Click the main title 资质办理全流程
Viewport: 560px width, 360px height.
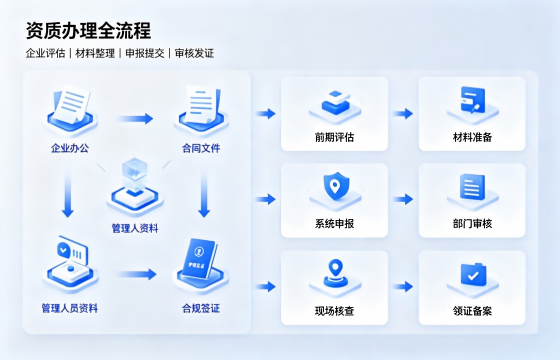coord(88,31)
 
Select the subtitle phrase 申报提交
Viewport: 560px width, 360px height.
coord(145,53)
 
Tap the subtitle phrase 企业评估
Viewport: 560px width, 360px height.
coord(45,53)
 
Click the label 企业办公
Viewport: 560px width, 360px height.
coord(70,148)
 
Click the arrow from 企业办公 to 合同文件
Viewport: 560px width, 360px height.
coord(135,119)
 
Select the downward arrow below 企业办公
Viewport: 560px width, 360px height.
coord(68,195)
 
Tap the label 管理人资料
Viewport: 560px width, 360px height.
coord(135,228)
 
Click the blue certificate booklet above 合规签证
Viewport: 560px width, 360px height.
coord(199,258)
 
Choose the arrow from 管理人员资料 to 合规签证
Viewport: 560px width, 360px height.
coord(137,274)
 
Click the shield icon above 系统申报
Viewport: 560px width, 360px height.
coord(335,186)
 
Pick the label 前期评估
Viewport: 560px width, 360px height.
coord(334,137)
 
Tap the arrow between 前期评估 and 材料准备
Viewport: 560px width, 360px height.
coord(403,114)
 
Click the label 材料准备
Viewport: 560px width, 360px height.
coord(472,137)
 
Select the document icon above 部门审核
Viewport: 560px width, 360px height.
coord(472,187)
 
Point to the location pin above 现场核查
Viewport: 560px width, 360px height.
coord(335,274)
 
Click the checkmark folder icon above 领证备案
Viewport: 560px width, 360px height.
coord(473,274)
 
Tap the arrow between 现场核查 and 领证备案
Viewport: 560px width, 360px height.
coord(403,286)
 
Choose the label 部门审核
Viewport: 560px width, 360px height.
coord(472,224)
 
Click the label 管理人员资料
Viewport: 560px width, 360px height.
coord(70,308)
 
